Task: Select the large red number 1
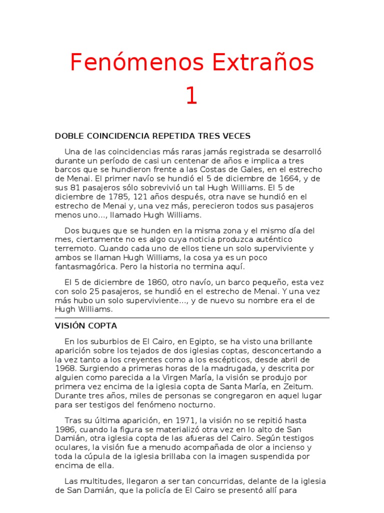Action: (x=191, y=96)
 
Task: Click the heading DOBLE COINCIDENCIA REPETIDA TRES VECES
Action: (x=152, y=136)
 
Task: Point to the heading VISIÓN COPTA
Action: (x=86, y=326)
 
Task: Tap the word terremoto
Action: (x=75, y=248)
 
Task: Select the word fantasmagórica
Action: (x=84, y=266)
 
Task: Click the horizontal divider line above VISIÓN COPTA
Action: (x=191, y=318)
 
